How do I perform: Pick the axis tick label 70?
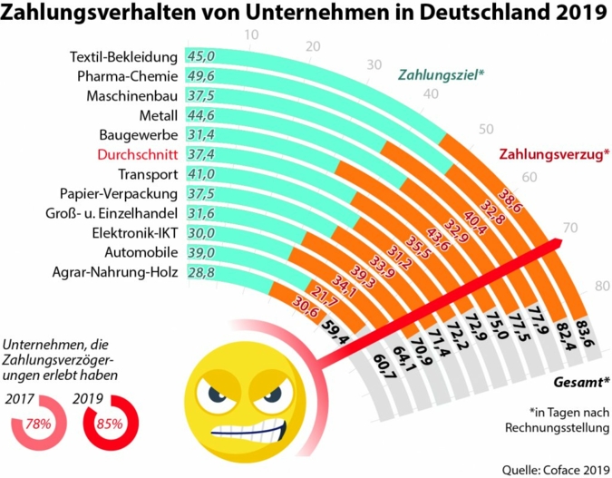(x=569, y=227)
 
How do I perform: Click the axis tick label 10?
(x=252, y=35)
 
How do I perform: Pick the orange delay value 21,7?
(x=324, y=293)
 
